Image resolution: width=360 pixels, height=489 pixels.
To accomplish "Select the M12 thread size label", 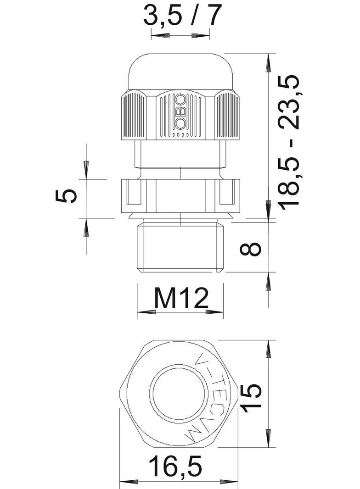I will (x=181, y=299).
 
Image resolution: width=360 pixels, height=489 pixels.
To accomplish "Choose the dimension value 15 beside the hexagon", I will (x=252, y=397).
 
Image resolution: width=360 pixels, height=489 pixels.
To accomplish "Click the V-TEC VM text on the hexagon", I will (x=214, y=399).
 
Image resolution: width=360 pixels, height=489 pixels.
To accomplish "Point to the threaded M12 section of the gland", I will (x=180, y=248).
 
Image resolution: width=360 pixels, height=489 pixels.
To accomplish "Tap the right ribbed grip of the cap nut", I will (x=227, y=115).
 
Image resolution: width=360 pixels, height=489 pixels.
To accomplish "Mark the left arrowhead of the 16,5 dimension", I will (x=129, y=482).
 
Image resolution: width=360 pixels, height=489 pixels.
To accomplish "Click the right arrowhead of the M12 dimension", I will (x=214, y=312).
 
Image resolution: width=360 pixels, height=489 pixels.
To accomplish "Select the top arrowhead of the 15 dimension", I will (x=268, y=349).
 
